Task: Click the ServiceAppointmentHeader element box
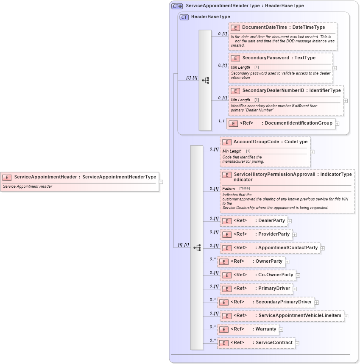pyautogui.click(x=80, y=177)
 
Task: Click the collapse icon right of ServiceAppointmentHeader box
pyautogui.click(x=161, y=182)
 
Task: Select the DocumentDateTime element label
pyautogui.click(x=283, y=28)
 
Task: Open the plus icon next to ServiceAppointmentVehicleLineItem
pyautogui.click(x=346, y=316)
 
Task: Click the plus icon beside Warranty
pyautogui.click(x=281, y=329)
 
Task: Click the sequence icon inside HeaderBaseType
pyautogui.click(x=205, y=80)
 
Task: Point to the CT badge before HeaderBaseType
pyautogui.click(x=184, y=17)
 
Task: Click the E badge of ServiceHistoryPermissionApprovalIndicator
pyautogui.click(x=226, y=174)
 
